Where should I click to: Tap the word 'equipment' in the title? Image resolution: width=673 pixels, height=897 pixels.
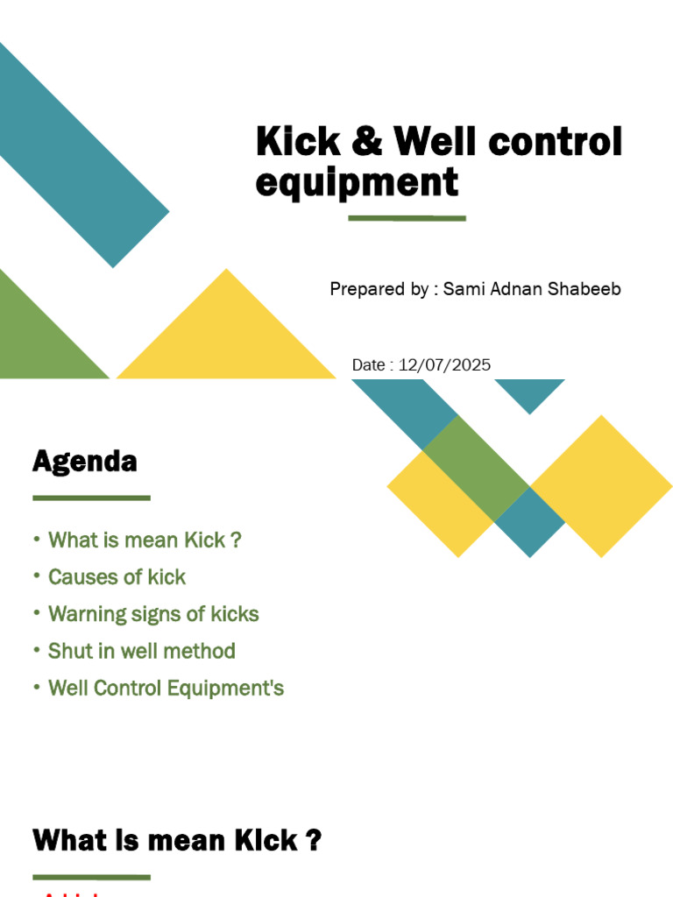[x=357, y=182]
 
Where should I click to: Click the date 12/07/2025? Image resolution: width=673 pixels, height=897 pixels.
[x=444, y=364]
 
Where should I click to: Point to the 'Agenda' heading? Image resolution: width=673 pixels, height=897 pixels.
[x=85, y=461]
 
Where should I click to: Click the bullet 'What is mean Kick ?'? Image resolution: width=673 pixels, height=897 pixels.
[x=145, y=540]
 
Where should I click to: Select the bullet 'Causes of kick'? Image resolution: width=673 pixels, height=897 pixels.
[x=117, y=577]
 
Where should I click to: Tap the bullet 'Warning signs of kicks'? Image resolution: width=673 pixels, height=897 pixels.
[x=153, y=614]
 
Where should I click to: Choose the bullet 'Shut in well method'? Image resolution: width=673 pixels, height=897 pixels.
[x=141, y=651]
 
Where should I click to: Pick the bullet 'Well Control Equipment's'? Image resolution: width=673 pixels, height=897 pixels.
[x=166, y=689]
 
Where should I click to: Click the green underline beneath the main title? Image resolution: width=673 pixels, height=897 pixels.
[x=407, y=218]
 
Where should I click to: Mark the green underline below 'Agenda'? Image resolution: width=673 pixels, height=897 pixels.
[x=91, y=498]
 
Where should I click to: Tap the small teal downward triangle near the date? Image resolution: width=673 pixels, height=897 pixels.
[x=529, y=393]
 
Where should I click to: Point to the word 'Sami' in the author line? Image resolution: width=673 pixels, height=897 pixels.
[x=459, y=289]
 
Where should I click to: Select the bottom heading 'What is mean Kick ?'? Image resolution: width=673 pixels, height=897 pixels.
[x=177, y=841]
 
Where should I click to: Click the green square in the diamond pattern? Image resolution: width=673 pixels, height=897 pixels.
[x=476, y=468]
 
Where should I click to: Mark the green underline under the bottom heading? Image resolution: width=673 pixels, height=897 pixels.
[x=91, y=877]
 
